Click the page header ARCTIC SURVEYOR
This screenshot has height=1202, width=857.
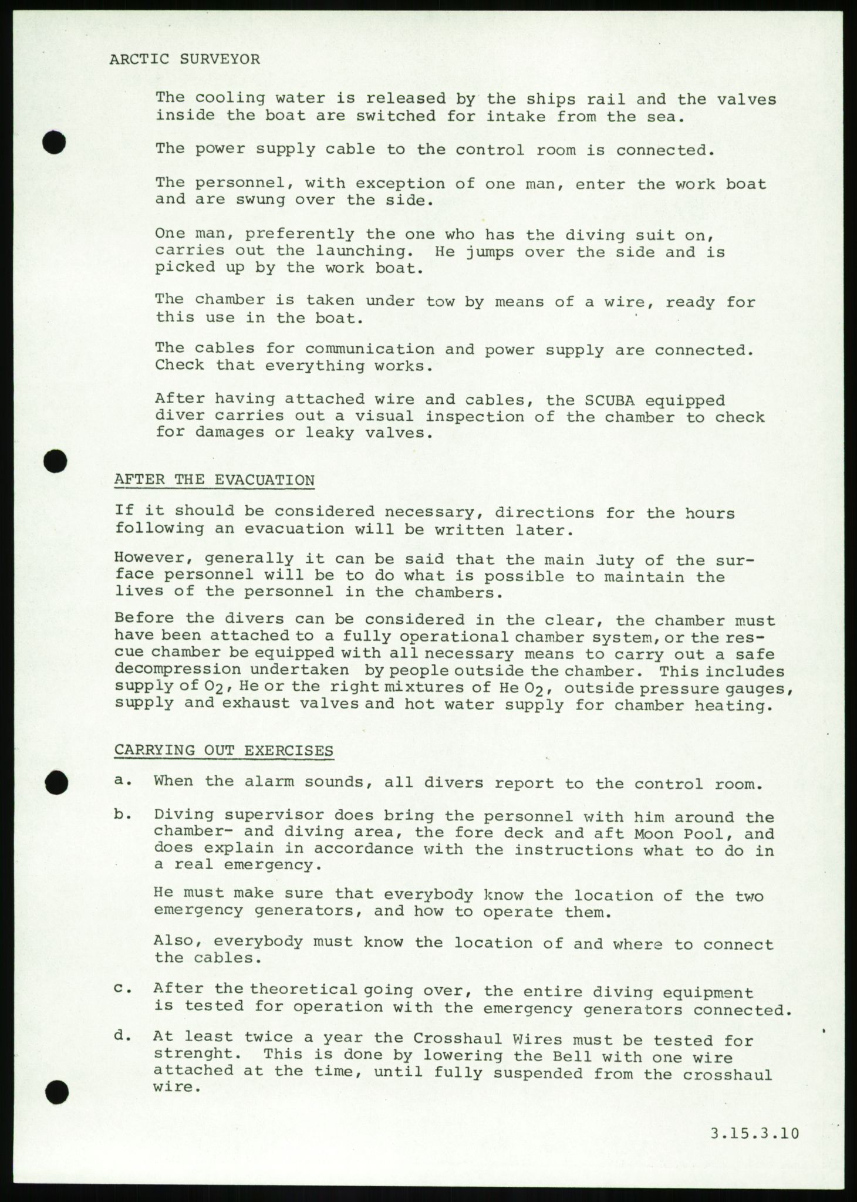(x=184, y=59)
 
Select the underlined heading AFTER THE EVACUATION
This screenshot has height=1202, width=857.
(x=214, y=480)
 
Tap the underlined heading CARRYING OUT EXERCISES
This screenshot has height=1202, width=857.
(x=224, y=751)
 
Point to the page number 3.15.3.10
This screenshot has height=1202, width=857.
(x=755, y=1133)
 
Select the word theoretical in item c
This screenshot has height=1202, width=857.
(x=303, y=989)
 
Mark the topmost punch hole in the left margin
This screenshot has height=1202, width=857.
(x=54, y=142)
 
